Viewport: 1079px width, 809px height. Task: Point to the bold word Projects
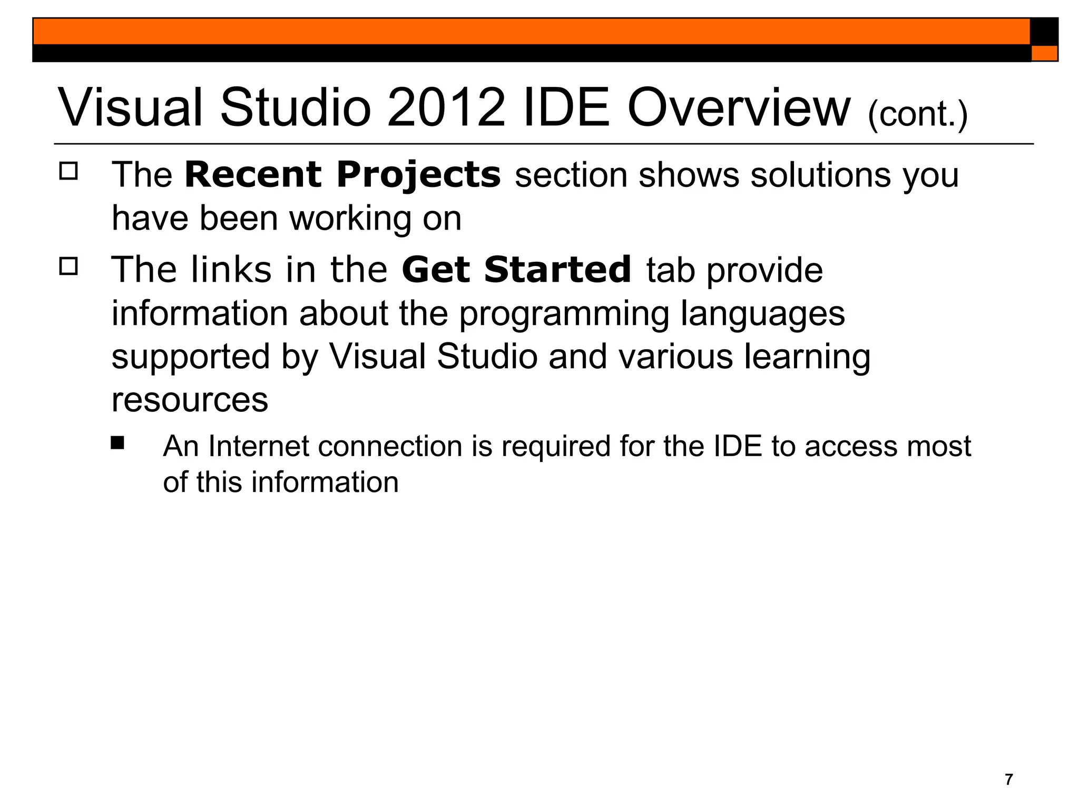click(x=419, y=175)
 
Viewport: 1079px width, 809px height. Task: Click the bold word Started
click(x=557, y=270)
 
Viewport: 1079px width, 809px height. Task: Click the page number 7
click(x=1008, y=779)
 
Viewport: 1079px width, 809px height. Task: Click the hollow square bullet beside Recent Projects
click(x=68, y=172)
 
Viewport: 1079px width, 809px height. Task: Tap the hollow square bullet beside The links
click(x=68, y=267)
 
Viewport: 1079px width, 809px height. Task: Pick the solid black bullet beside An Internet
click(x=117, y=442)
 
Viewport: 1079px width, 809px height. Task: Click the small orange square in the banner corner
click(x=1044, y=53)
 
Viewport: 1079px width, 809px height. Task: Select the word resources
click(x=190, y=400)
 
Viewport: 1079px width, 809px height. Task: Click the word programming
click(x=564, y=314)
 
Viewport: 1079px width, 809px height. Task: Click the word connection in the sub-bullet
click(x=390, y=446)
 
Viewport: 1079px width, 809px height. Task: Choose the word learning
click(x=807, y=358)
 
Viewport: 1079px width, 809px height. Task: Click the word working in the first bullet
click(x=350, y=219)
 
